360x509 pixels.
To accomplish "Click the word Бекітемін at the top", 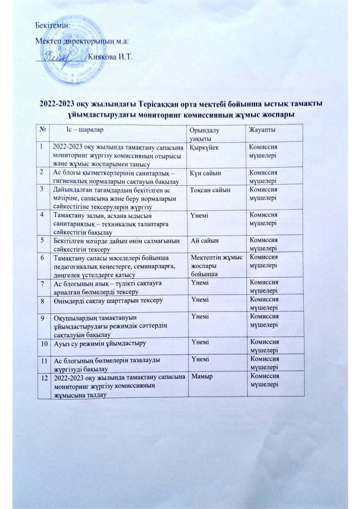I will click(53, 25).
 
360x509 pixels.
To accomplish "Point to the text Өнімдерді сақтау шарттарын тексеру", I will click(108, 300).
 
